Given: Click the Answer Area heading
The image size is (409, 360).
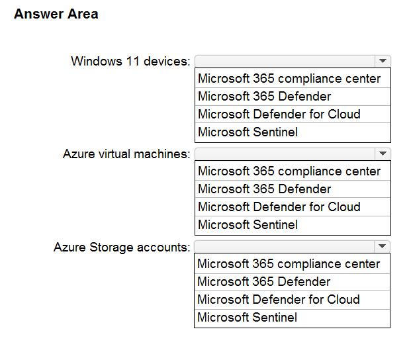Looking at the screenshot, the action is click(56, 14).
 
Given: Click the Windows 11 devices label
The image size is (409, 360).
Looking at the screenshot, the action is click(130, 62).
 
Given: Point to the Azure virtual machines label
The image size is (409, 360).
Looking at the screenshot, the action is click(126, 154).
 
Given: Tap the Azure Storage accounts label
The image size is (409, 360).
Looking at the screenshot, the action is click(122, 247).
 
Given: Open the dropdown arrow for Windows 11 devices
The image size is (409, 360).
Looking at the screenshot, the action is click(383, 61).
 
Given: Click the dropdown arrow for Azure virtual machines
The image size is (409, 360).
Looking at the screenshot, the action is click(383, 154).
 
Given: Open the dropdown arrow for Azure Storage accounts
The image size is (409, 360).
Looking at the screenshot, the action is click(382, 246).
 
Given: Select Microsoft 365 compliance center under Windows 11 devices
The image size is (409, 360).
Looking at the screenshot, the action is click(289, 79).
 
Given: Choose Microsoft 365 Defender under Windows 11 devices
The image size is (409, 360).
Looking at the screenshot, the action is click(265, 96).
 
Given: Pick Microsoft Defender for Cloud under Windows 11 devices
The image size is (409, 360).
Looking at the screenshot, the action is click(279, 114).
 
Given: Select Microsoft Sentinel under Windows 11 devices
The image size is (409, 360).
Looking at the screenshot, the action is click(248, 132).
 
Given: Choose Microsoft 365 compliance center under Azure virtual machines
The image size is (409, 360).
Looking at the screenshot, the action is click(289, 171).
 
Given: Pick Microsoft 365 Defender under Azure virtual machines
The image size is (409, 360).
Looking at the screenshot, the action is click(265, 189).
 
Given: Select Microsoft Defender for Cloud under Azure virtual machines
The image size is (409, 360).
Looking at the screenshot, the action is click(279, 206).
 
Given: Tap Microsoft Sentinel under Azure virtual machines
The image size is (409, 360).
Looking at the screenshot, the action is click(248, 224).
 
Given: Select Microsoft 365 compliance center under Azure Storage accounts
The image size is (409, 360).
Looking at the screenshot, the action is click(289, 264).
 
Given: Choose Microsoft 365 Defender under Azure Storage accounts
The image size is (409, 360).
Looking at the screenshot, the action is click(264, 281).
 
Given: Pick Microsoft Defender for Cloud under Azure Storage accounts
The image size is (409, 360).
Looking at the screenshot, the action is click(279, 299).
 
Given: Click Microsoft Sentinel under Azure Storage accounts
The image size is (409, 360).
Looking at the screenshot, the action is click(248, 317).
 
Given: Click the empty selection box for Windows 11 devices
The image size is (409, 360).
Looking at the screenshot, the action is click(285, 62).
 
